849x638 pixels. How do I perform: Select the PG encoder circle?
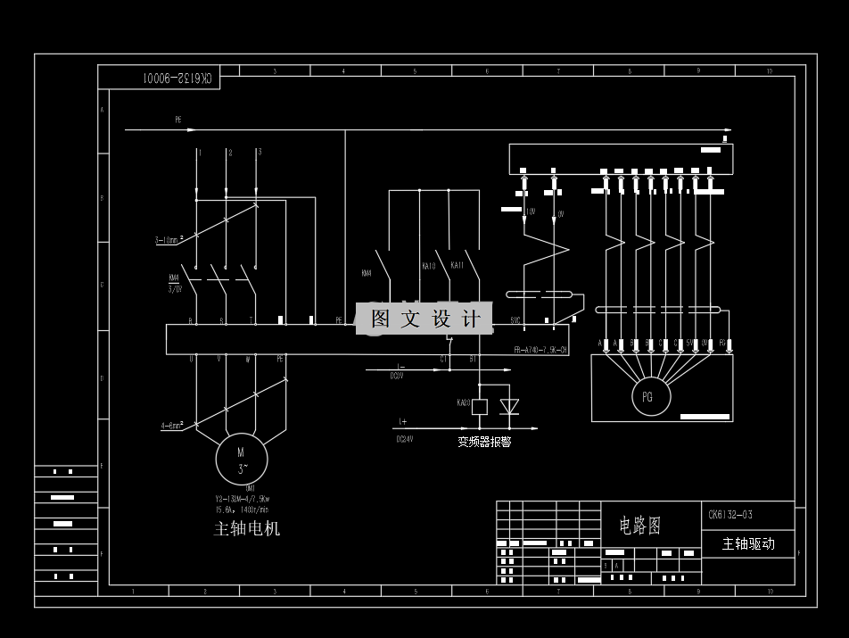pos(647,396)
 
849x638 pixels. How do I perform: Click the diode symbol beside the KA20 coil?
pos(509,406)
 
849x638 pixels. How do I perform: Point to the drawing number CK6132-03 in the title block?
pos(730,514)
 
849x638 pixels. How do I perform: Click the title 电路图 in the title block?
pos(640,526)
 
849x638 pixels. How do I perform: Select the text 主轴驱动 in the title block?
pos(748,543)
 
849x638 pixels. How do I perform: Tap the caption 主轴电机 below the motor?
pos(247,528)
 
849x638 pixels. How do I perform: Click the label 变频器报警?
pos(484,441)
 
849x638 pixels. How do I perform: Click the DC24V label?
pos(405,439)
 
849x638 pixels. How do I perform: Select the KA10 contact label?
pos(428,266)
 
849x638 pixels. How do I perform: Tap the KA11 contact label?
pos(457,266)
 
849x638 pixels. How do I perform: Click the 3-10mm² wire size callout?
pos(169,239)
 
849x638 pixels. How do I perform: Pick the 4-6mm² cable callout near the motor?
pos(172,426)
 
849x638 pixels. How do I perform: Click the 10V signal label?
pos(530,212)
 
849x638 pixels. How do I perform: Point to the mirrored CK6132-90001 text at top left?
pos(178,79)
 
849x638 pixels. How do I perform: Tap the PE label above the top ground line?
pos(178,119)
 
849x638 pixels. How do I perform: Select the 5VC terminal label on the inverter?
pos(515,319)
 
